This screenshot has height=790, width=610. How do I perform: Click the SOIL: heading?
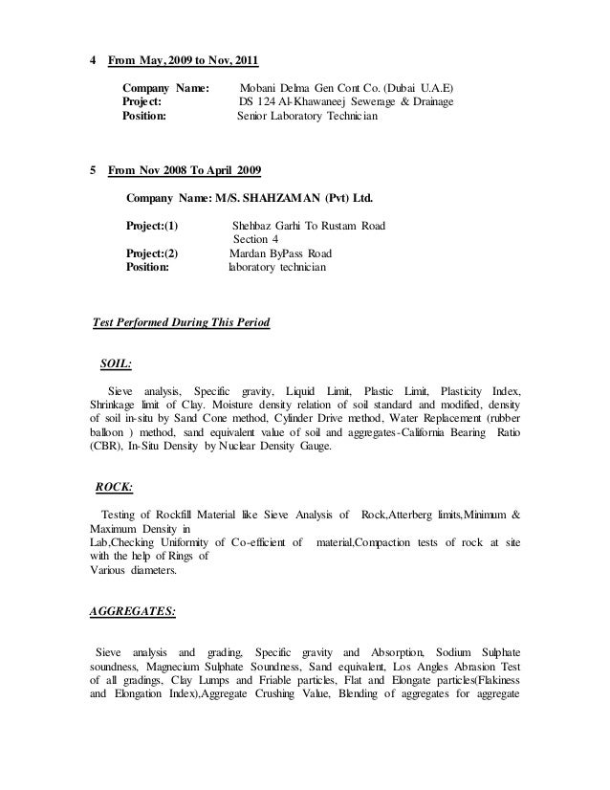click(x=116, y=363)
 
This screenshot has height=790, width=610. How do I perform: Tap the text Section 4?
click(x=256, y=240)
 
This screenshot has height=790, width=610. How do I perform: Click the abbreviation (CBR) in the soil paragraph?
click(x=105, y=446)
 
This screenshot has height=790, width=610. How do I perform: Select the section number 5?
click(x=92, y=171)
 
